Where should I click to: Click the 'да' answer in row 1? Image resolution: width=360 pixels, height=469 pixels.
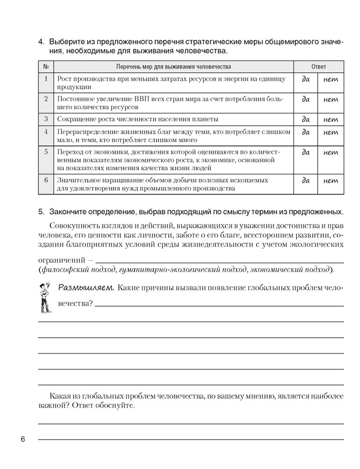306,80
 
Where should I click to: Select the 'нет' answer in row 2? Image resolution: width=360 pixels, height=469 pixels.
331,99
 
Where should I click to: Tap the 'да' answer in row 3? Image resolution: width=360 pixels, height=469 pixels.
306,119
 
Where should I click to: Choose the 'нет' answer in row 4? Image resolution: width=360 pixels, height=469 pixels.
331,132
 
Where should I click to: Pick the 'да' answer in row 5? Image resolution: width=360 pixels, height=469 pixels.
306,152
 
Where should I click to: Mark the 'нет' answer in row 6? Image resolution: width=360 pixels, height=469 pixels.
331,181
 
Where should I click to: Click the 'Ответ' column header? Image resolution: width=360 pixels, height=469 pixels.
319,67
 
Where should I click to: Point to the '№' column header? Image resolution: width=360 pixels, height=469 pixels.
46,67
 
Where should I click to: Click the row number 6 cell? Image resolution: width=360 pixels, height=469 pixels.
46,180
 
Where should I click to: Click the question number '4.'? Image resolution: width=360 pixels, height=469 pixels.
41,42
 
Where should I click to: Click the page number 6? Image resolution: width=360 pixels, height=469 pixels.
22,439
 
